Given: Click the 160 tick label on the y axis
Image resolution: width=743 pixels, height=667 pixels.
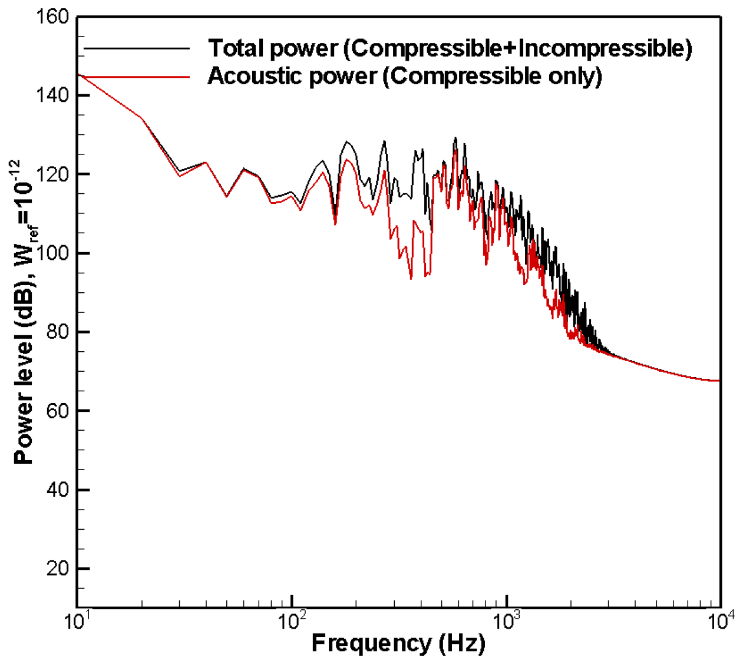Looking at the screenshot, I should click(53, 16).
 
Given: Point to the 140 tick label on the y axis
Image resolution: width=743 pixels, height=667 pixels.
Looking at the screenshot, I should click(53, 95).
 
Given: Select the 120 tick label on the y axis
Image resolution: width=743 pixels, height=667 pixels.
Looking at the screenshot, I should click(53, 174).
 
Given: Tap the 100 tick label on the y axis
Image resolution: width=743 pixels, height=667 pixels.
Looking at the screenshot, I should click(53, 253).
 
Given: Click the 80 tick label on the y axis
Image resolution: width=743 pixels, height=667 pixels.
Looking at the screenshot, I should click(58, 332).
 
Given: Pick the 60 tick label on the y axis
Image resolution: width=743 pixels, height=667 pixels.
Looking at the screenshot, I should click(58, 411).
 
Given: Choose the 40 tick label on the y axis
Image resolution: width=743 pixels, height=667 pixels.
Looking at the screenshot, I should click(58, 490).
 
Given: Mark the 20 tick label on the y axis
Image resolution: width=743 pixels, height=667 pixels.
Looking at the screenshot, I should click(58, 569).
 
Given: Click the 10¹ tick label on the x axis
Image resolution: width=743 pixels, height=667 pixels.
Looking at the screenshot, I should click(77, 621).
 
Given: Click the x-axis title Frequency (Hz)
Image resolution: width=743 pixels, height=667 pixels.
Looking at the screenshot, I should click(398, 643).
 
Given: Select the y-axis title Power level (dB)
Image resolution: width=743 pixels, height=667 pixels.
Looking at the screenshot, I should click(24, 377).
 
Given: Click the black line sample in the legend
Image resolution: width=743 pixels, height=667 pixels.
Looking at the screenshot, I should click(137, 48).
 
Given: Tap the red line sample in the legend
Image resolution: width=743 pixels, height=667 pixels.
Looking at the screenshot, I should click(137, 77).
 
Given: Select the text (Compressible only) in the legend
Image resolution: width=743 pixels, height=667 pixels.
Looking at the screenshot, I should click(493, 76).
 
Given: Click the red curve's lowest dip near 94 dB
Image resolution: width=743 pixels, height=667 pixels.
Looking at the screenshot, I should click(411, 278).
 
